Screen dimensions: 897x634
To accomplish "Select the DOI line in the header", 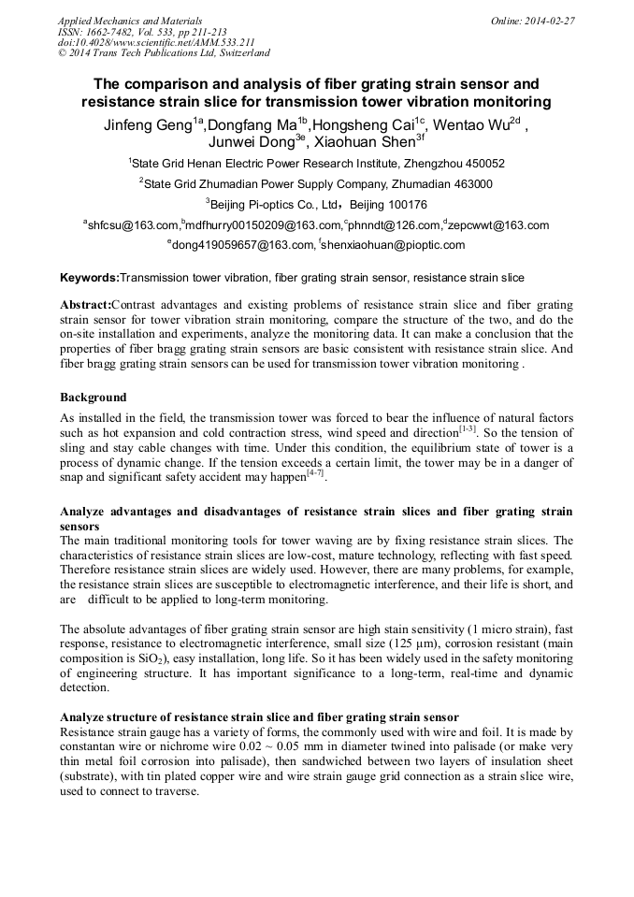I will [x=156, y=42].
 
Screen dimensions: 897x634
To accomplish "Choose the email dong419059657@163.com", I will [x=242, y=245].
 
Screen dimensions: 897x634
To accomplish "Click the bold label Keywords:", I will [x=90, y=278].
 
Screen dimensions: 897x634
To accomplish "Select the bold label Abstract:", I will [x=85, y=306].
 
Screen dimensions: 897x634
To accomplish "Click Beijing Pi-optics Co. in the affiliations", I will [x=264, y=205].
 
